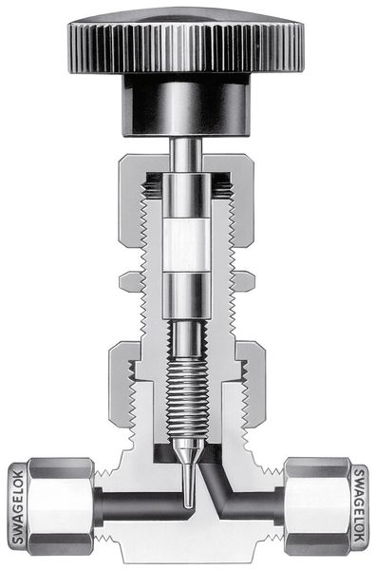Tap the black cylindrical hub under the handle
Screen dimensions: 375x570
[186, 105]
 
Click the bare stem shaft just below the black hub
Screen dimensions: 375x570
[186, 155]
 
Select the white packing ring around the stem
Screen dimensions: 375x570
[187, 245]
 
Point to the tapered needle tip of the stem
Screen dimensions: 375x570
[188, 472]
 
